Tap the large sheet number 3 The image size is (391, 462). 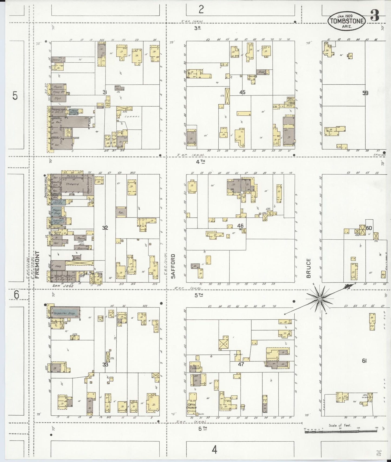pyautogui.click(x=374, y=16)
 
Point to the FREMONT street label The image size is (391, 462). pyautogui.click(x=37, y=265)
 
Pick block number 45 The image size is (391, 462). pyautogui.click(x=242, y=92)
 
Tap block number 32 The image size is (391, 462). pyautogui.click(x=105, y=228)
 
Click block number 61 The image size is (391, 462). pyautogui.click(x=364, y=361)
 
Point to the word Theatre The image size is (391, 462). pyautogui.click(x=72, y=184)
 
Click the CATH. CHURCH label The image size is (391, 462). pyautogui.click(x=192, y=406)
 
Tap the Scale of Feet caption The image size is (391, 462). pyautogui.click(x=340, y=425)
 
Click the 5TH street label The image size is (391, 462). pyautogui.click(x=199, y=295)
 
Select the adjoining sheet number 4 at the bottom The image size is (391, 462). pyautogui.click(x=214, y=450)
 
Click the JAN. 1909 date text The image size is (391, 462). pyautogui.click(x=347, y=16)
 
